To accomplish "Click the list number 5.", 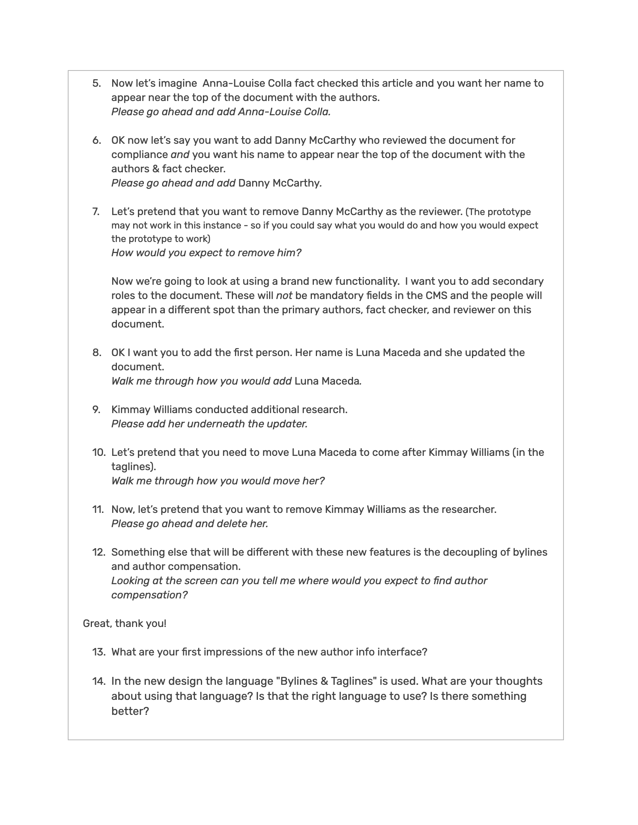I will coord(97,83).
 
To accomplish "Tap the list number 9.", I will coord(97,410).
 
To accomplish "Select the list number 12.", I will coord(98,552).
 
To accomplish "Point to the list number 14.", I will coord(98,681).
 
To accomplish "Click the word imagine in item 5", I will coord(177,83).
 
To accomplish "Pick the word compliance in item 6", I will coord(139,154).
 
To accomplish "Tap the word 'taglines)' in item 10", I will coord(134,467).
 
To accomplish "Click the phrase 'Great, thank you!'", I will coord(124,623).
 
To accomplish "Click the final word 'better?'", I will coord(130,711).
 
